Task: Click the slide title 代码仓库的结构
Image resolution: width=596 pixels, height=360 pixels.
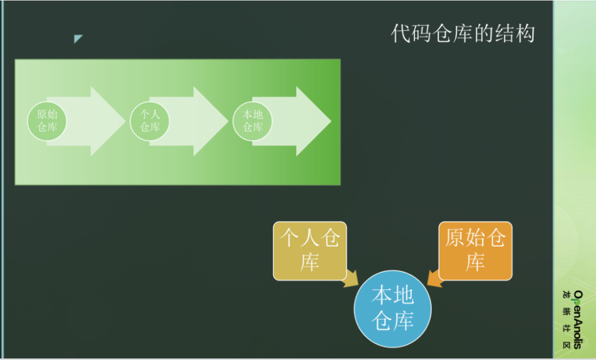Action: [x=462, y=34]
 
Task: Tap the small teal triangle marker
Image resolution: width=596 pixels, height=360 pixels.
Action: [x=78, y=38]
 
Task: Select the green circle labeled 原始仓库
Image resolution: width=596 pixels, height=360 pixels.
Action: [x=47, y=121]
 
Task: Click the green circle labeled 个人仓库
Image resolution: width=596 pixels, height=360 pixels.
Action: [x=150, y=121]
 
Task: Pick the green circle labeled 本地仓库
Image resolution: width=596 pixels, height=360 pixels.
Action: [x=252, y=121]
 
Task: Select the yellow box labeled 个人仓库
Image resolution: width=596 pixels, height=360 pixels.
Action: [x=310, y=251]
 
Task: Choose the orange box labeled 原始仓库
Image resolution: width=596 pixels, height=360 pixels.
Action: [x=476, y=251]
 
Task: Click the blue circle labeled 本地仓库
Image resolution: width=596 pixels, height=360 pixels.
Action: [x=393, y=309]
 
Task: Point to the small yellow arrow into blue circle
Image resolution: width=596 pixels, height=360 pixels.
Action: [x=350, y=279]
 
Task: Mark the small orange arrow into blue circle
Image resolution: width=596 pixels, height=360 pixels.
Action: [x=435, y=279]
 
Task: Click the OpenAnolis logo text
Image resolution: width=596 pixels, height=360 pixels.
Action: [x=578, y=319]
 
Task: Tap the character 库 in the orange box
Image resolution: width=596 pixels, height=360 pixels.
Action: [x=475, y=262]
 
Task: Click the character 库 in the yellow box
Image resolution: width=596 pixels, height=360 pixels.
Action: [x=310, y=262]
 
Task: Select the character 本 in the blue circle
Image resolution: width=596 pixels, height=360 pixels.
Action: [x=382, y=295]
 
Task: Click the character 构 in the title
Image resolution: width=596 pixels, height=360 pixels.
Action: [x=525, y=34]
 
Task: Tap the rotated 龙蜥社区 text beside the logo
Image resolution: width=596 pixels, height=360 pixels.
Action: [x=566, y=319]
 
